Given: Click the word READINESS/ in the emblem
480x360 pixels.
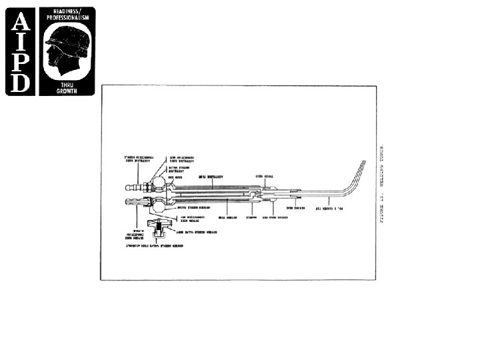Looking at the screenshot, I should [66, 11].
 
